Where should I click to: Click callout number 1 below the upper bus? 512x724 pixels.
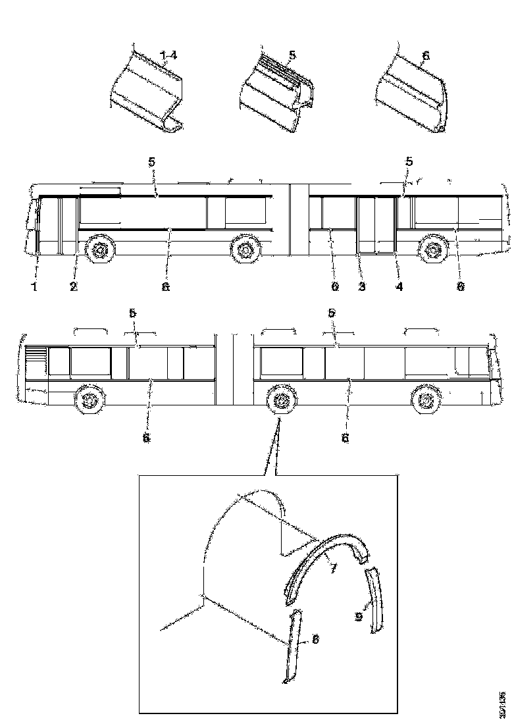pyautogui.click(x=35, y=286)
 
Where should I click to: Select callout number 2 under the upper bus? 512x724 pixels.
pyautogui.click(x=74, y=286)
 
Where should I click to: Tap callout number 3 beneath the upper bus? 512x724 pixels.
pyautogui.click(x=361, y=286)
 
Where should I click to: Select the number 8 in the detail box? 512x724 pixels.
pyautogui.click(x=315, y=638)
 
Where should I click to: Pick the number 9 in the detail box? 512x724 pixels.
pyautogui.click(x=358, y=617)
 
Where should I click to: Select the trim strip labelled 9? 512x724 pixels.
pyautogui.click(x=375, y=599)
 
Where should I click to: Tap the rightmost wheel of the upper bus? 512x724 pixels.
pyautogui.click(x=433, y=250)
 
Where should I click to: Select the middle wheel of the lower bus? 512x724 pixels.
pyautogui.click(x=281, y=400)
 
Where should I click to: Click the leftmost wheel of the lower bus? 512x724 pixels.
pyautogui.click(x=88, y=400)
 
